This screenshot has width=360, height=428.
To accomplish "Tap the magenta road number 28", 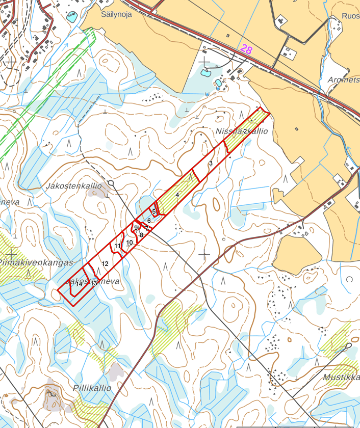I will click(246, 49).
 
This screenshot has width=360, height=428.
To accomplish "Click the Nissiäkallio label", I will click(241, 131).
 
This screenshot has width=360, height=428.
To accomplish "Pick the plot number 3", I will click(211, 163).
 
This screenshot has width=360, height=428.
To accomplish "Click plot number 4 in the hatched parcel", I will click(177, 195).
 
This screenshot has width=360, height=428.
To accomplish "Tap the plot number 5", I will click(153, 211).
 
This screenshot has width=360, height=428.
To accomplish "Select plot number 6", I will click(149, 220).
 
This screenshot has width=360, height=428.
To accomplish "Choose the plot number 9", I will click(136, 228).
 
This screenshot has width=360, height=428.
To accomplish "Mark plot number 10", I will click(130, 243).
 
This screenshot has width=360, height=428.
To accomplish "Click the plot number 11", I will click(117, 246).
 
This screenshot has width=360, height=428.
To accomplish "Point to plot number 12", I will click(105, 264).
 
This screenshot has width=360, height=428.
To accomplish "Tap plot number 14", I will click(79, 284).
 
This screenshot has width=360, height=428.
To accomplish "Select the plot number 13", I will click(94, 283).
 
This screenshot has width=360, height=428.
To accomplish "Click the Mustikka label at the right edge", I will click(341, 378).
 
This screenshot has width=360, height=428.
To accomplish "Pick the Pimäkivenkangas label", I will click(36, 262).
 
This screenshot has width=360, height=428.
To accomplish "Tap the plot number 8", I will click(141, 235).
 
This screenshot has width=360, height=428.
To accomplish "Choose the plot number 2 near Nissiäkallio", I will click(245, 131).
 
